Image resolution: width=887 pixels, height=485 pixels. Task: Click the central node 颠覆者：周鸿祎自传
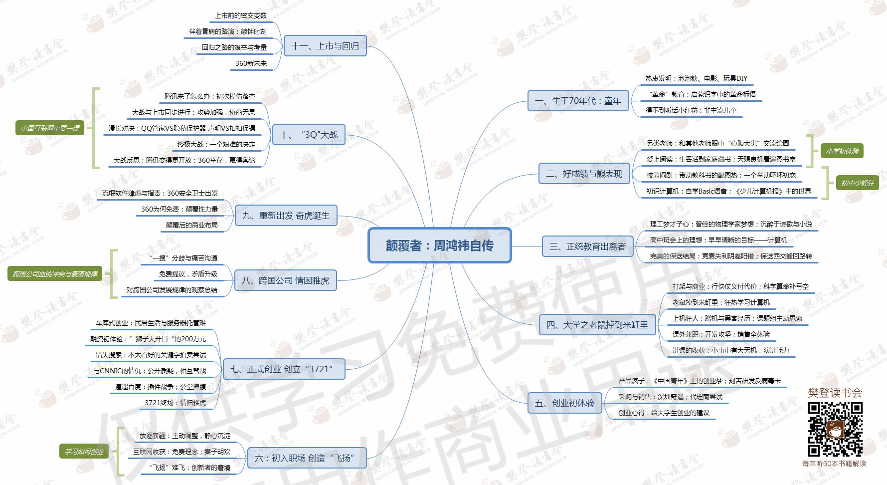[439, 245]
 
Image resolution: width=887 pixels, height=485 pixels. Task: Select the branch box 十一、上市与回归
[325, 46]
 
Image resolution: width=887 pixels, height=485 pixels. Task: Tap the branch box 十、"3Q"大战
[309, 135]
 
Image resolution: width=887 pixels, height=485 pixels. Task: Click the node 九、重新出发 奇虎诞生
[286, 216]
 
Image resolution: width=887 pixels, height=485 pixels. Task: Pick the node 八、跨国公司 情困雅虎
[285, 280]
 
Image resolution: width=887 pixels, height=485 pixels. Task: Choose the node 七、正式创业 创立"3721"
[283, 369]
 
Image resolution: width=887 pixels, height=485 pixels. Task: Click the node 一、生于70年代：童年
[578, 101]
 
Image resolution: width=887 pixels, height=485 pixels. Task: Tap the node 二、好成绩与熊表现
[584, 174]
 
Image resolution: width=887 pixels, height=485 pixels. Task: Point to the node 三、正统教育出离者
[587, 246]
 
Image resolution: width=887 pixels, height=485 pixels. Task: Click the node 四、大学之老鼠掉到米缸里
[597, 325]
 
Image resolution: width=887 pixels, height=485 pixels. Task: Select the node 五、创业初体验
[564, 403]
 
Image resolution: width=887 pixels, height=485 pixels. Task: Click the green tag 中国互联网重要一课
[50, 128]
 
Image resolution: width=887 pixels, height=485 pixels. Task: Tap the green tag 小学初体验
[842, 151]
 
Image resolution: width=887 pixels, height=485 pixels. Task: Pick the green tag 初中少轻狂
[857, 183]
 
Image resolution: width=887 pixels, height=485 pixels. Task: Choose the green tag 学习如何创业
[84, 452]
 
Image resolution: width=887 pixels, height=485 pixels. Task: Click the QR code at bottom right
[835, 430]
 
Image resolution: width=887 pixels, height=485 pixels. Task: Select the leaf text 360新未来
[251, 63]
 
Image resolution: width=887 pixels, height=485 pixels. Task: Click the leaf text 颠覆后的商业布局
[192, 225]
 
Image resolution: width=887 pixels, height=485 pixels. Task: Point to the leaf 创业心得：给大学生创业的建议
[664, 413]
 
